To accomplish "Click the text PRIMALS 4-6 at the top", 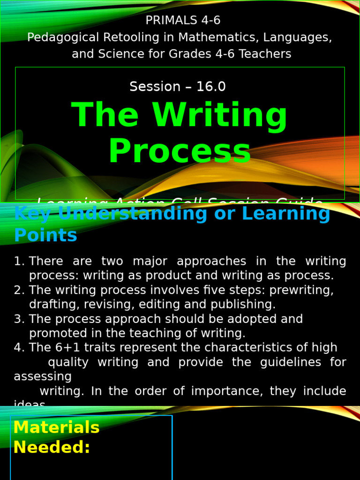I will click(183, 20).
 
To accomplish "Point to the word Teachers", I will click(265, 54).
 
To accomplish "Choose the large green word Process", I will click(180, 151).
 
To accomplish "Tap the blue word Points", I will click(45, 235).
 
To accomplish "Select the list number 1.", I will click(19, 261).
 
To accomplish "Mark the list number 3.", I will click(19, 319).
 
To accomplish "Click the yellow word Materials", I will click(56, 427).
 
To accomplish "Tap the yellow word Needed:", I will click(52, 448).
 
